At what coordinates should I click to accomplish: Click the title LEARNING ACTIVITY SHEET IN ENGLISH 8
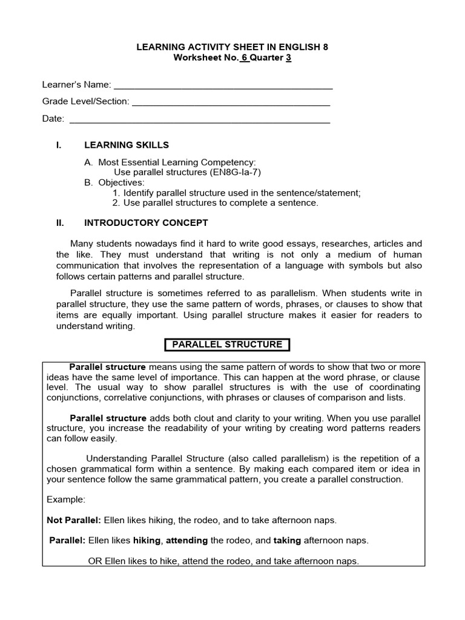coord(232,47)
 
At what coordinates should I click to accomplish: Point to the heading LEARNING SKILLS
coord(127,145)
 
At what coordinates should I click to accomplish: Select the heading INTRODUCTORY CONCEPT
coord(146,223)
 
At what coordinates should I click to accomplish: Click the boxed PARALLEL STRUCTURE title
coord(228,345)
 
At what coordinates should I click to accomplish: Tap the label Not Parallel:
coord(74,520)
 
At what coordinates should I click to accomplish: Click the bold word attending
coord(187,540)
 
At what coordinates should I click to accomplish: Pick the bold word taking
coord(287,540)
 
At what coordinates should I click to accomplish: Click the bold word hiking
coord(147,540)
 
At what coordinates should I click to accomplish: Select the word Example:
coord(66,500)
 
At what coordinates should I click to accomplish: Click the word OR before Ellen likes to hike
coord(95,561)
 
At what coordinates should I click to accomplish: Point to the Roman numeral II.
coord(59,223)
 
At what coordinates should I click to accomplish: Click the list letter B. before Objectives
coord(88,182)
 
